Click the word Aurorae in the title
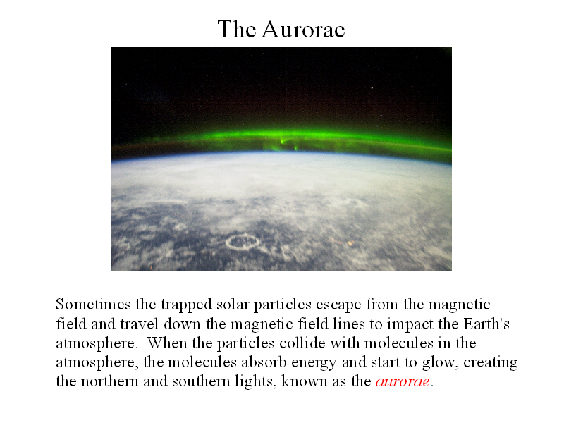click(303, 29)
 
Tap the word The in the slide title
click(237, 29)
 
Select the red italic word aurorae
click(403, 381)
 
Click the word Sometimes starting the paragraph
click(93, 305)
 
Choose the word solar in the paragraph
click(233, 305)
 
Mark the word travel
click(139, 324)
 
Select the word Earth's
click(486, 324)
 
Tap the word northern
click(110, 381)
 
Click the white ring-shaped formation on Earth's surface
click(243, 236)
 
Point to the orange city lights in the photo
click(343, 243)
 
